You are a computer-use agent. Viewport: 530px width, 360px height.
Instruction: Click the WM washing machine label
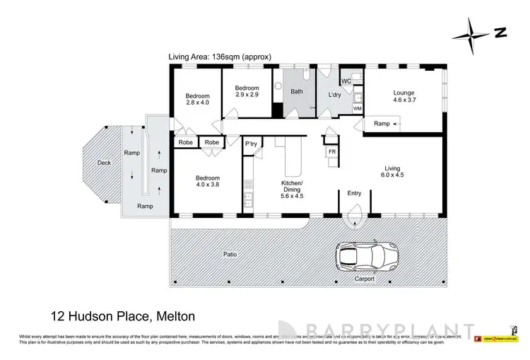tap(357, 108)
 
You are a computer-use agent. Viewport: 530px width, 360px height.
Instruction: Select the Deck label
tap(105, 163)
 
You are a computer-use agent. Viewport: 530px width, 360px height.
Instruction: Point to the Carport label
tap(365, 279)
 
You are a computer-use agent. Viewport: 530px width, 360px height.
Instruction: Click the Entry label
tap(353, 193)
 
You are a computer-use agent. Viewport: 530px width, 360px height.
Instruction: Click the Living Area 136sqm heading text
tap(220, 56)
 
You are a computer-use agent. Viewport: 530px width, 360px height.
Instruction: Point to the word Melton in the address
tap(173, 315)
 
